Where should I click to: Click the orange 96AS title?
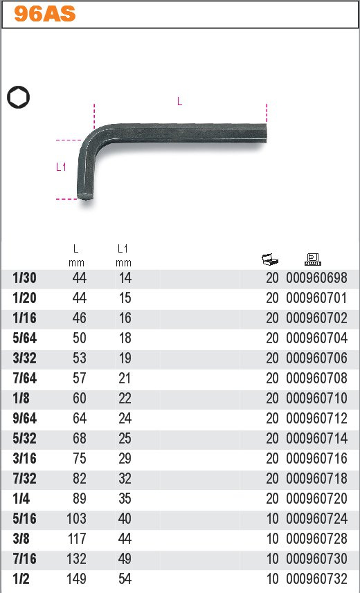click(x=45, y=15)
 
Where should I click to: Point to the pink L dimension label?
click(x=179, y=101)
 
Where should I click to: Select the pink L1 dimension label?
click(x=61, y=167)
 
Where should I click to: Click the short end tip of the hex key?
click(x=85, y=197)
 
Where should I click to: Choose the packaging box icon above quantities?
click(x=270, y=259)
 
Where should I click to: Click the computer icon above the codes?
click(x=313, y=259)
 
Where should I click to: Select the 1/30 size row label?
click(x=25, y=278)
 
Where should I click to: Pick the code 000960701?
click(x=316, y=298)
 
